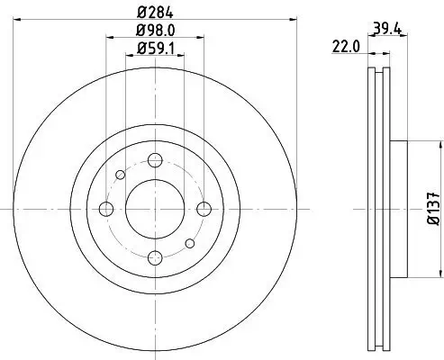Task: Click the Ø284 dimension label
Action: click(154, 12)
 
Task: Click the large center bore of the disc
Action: click(153, 209)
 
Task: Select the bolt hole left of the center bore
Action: click(105, 209)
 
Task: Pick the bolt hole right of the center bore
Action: click(203, 209)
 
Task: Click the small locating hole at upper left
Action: click(120, 175)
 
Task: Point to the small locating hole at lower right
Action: click(188, 243)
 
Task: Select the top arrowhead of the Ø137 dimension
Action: click(439, 145)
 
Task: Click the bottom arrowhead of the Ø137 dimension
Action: click(439, 273)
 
